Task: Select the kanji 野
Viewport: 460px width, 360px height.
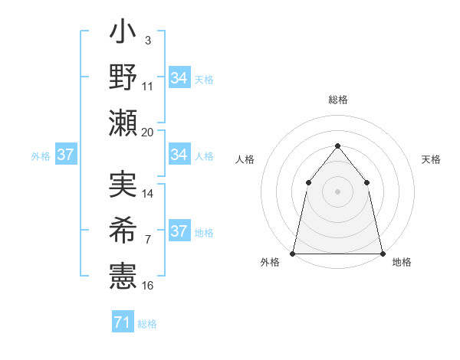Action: [x=123, y=77]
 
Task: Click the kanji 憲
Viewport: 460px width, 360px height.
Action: [x=123, y=273]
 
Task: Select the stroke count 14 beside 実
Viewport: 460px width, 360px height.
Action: [x=148, y=194]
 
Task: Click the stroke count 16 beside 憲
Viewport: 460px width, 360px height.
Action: [x=148, y=286]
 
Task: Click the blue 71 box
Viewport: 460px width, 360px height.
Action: [x=122, y=323]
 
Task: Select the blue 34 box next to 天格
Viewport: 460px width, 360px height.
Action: [x=179, y=77]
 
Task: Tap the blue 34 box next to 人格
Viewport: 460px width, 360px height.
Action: [x=179, y=155]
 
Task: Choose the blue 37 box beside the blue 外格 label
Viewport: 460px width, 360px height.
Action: [x=65, y=155]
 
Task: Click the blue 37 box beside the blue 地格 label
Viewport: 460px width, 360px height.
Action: [x=179, y=231]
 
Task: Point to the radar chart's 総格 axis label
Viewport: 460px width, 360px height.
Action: [x=337, y=100]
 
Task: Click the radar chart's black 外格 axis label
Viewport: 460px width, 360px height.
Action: [x=270, y=263]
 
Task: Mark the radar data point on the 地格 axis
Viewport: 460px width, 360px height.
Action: [x=382, y=253]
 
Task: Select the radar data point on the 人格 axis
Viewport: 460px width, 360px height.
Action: [x=308, y=182]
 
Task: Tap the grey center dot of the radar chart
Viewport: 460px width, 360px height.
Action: [x=337, y=191]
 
